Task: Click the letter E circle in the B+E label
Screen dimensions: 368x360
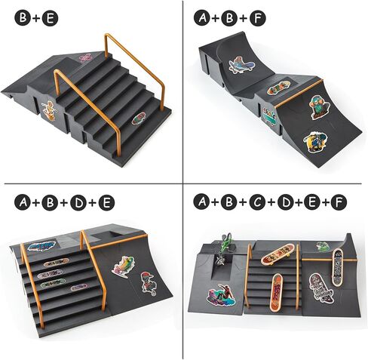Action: pos(50,18)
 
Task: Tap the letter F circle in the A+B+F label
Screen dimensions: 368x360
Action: pos(258,18)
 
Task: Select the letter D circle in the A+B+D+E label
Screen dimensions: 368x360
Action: pos(78,202)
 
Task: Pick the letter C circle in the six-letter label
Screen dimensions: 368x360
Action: pos(258,202)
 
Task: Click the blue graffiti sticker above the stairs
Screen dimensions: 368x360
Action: pos(41,246)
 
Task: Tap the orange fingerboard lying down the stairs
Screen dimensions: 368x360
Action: pos(275,292)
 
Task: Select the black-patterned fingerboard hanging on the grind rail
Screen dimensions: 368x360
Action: pos(337,267)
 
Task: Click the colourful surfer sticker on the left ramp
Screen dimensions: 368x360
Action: pos(221,295)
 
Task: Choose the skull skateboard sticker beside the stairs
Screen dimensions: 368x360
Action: pos(321,287)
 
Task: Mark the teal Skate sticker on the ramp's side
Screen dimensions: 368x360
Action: pos(269,115)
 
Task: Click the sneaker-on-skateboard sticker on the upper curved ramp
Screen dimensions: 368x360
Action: pos(241,65)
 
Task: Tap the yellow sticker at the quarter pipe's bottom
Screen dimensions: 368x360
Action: pos(315,142)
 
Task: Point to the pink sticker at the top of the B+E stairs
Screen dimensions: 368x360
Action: pos(86,58)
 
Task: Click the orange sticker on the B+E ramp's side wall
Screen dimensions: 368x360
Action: pos(49,111)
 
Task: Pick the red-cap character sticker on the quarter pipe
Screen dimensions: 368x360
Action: pos(149,283)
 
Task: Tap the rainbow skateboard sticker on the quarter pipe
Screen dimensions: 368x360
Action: pos(124,267)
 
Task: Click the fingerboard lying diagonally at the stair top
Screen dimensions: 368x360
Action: pos(278,254)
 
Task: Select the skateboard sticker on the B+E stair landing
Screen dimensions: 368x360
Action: pos(139,118)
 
